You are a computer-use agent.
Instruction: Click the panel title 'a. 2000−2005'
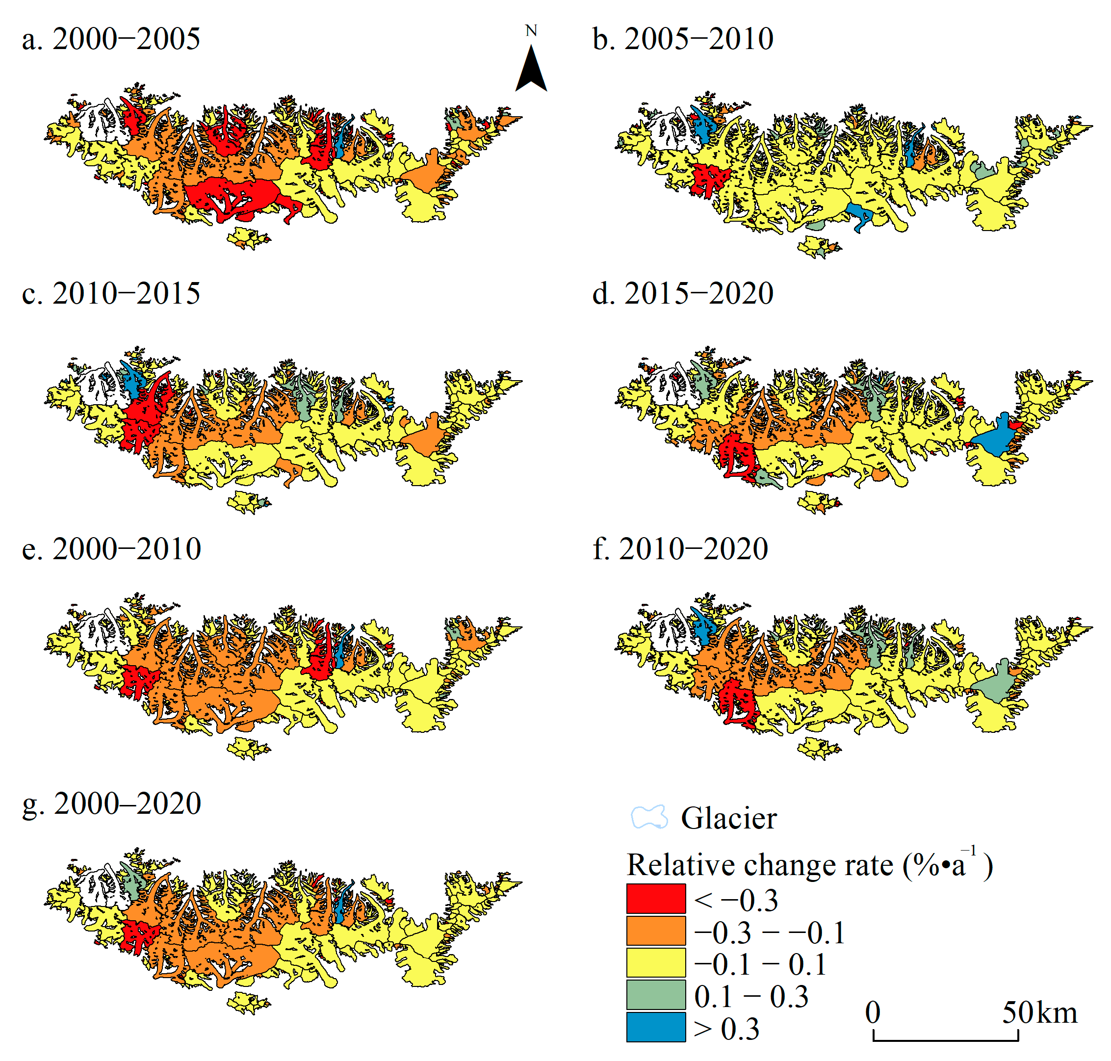coord(111,40)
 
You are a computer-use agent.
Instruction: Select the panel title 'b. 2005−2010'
coord(682,40)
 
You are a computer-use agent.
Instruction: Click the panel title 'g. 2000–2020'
coord(111,803)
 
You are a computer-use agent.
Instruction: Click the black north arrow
coord(531,71)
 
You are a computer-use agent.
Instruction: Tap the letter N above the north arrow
coord(531,30)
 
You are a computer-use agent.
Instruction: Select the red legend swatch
coord(656,899)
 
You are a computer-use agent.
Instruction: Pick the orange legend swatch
coord(656,931)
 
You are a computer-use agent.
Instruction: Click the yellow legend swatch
coord(656,962)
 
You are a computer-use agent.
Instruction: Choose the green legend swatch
coord(656,995)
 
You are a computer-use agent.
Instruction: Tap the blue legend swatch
coord(656,1027)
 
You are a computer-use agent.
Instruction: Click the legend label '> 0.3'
coord(726,1029)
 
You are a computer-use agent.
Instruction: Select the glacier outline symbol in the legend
coord(649,818)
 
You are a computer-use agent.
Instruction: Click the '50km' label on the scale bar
coord(1039,1013)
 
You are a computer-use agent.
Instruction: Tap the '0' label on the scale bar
coord(872,1013)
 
